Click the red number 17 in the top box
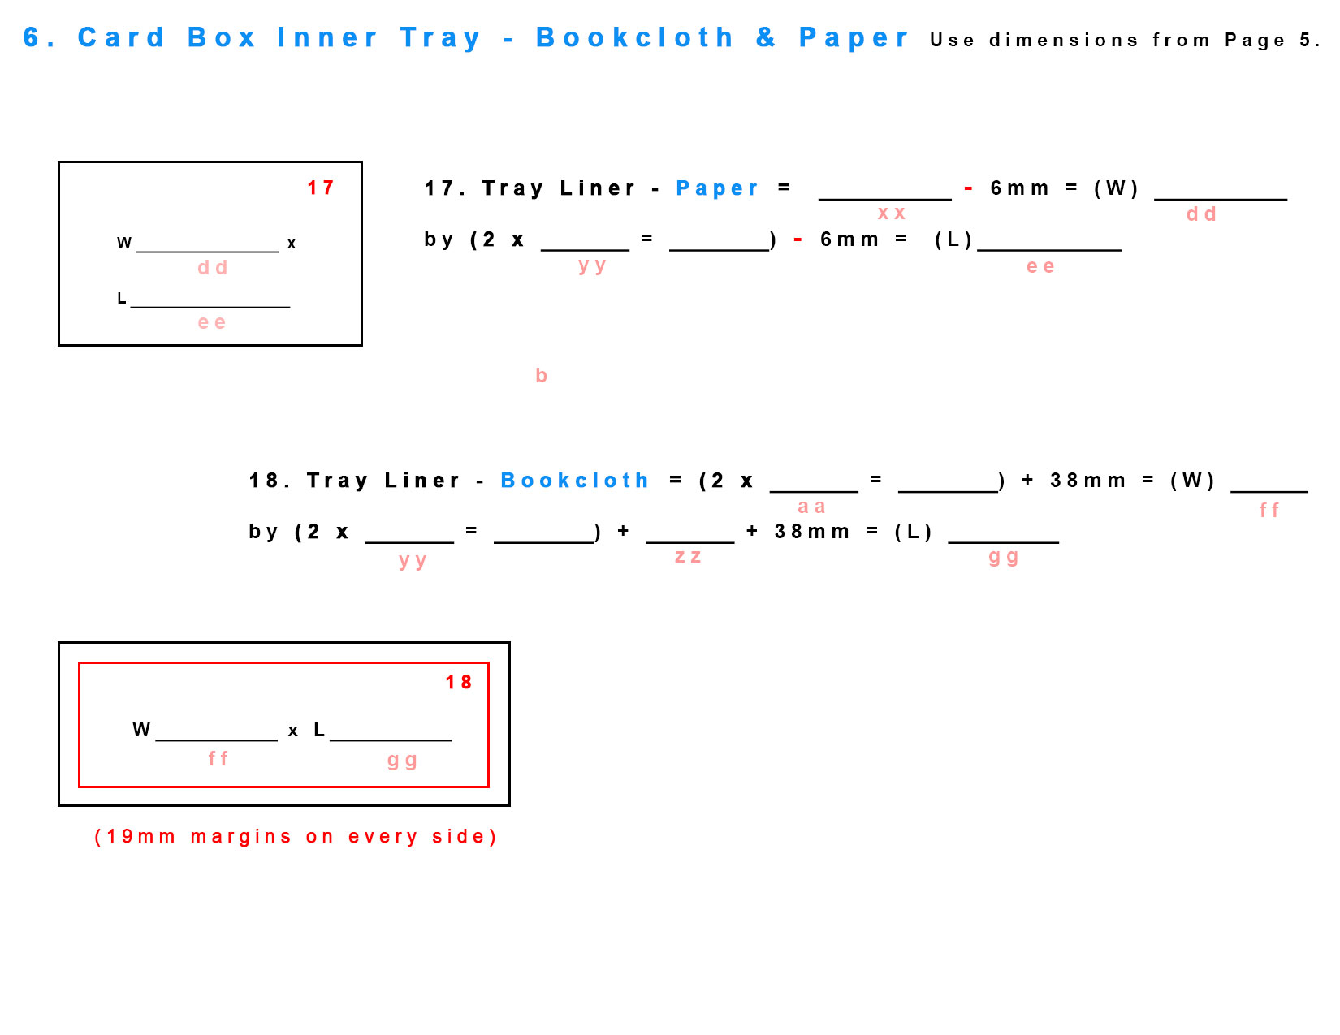320,188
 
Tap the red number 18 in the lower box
458,682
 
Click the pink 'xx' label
891,213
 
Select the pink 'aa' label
811,507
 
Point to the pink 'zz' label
688,557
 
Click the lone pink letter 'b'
541,375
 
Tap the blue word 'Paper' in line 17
717,188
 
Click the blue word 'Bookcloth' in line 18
574,481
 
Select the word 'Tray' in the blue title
440,38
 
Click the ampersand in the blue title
765,37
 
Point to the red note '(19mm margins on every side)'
295,837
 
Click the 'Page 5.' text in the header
1272,40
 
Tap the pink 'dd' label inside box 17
212,268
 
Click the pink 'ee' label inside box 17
211,323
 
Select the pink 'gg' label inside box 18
402,761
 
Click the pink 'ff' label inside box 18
218,758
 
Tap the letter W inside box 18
141,730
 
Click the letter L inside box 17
122,298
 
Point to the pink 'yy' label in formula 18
413,561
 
